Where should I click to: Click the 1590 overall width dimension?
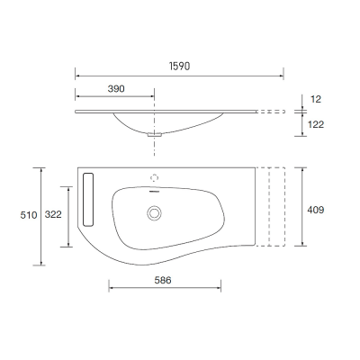click(x=180, y=66)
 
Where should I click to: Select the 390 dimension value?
click(x=116, y=89)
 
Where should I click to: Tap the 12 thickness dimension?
click(x=316, y=99)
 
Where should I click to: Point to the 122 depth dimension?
click(x=316, y=124)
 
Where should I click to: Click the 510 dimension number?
click(x=29, y=215)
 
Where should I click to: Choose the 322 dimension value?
click(x=53, y=214)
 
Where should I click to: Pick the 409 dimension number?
click(x=316, y=210)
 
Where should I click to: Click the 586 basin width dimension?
click(x=163, y=280)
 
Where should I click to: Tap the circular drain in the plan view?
click(x=154, y=213)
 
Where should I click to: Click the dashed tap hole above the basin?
click(x=154, y=178)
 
